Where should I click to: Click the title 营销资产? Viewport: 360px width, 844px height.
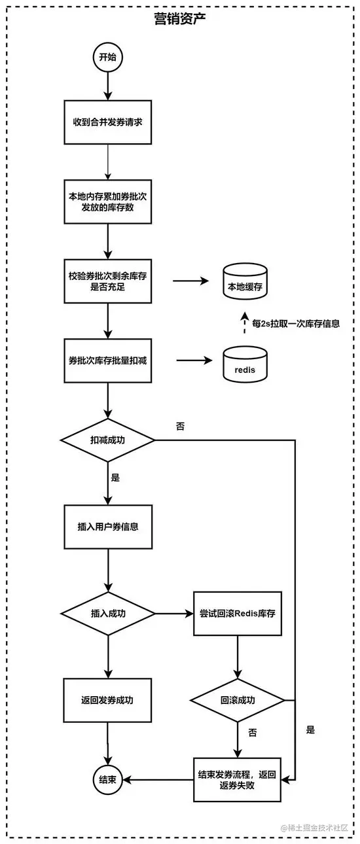(180, 20)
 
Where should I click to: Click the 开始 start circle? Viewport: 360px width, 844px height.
(107, 58)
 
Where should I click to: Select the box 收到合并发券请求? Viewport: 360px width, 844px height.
(108, 122)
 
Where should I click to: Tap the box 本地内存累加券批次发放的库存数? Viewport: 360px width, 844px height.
(108, 202)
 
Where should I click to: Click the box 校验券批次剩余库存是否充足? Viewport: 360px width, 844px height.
(108, 282)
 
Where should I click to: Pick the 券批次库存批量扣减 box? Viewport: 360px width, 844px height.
(108, 360)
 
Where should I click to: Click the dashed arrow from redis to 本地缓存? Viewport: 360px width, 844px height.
(244, 323)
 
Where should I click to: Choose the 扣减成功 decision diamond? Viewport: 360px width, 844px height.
(107, 439)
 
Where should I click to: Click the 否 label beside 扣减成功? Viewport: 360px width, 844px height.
(180, 427)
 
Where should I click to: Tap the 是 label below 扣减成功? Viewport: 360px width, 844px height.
(116, 478)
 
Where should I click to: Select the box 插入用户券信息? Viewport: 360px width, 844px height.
(108, 526)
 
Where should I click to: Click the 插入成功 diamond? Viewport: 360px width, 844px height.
(107, 614)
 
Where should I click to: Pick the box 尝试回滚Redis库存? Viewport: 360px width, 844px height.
(237, 614)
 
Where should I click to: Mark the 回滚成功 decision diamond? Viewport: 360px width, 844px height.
(237, 700)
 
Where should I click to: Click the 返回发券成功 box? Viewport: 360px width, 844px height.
(108, 700)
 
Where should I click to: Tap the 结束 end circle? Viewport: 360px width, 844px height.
(107, 779)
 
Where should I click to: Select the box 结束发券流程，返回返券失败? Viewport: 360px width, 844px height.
(237, 779)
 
